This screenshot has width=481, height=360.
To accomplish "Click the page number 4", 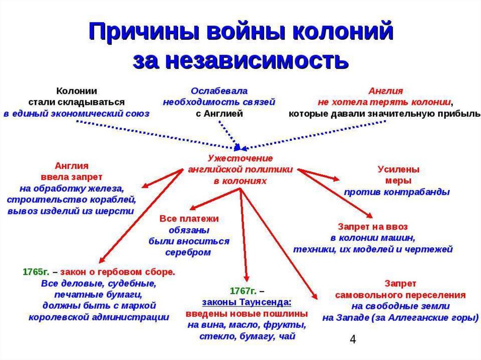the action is click(353, 339).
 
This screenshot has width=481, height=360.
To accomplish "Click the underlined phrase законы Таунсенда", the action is click(247, 302).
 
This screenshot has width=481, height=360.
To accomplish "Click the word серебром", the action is click(188, 253).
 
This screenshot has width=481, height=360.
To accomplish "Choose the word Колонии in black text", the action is click(77, 91).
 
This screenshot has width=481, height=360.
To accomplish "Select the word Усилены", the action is click(398, 169).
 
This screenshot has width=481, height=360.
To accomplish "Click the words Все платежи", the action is click(189, 219).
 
